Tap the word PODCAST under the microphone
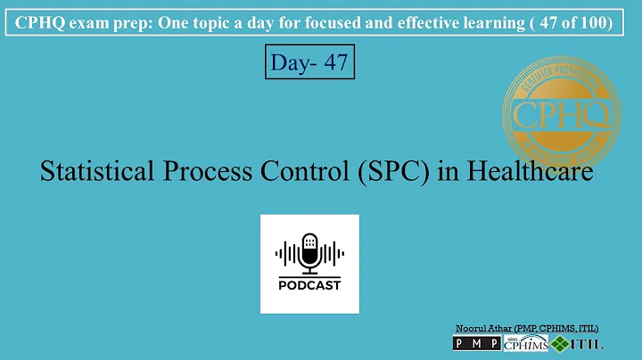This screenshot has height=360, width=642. (309, 285)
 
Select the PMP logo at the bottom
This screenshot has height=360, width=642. (477, 344)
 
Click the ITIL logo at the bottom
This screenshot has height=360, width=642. (577, 344)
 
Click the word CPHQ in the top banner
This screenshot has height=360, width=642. (40, 21)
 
